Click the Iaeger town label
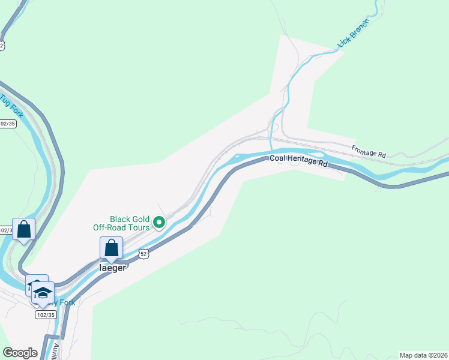click(x=112, y=268)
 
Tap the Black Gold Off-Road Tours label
click(x=121, y=223)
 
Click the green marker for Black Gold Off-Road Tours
click(x=159, y=223)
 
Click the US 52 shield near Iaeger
click(x=143, y=254)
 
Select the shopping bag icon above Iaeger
click(x=111, y=247)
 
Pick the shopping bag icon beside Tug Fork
click(x=23, y=229)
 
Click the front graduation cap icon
click(x=43, y=293)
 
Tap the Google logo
click(x=20, y=353)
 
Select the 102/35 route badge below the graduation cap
click(x=46, y=314)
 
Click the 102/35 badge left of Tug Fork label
click(x=7, y=124)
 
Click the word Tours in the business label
click(x=137, y=227)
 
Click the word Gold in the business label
click(x=134, y=219)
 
